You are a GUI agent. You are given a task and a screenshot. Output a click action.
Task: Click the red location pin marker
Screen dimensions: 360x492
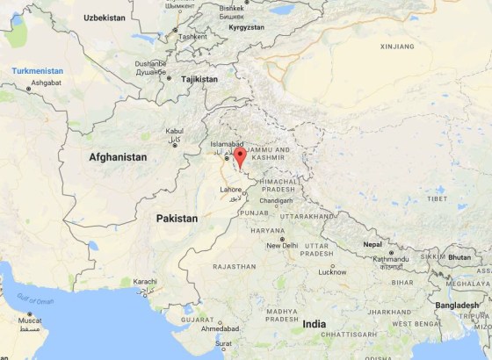[241, 156]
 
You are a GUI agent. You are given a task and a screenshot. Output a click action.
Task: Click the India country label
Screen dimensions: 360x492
[314, 324]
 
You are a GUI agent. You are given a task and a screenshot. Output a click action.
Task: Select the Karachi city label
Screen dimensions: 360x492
[145, 282]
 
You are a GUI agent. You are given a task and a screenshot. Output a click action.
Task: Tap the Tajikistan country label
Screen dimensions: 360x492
[199, 79]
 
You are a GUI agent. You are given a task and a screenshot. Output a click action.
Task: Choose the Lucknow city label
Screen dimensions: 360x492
[332, 272]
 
